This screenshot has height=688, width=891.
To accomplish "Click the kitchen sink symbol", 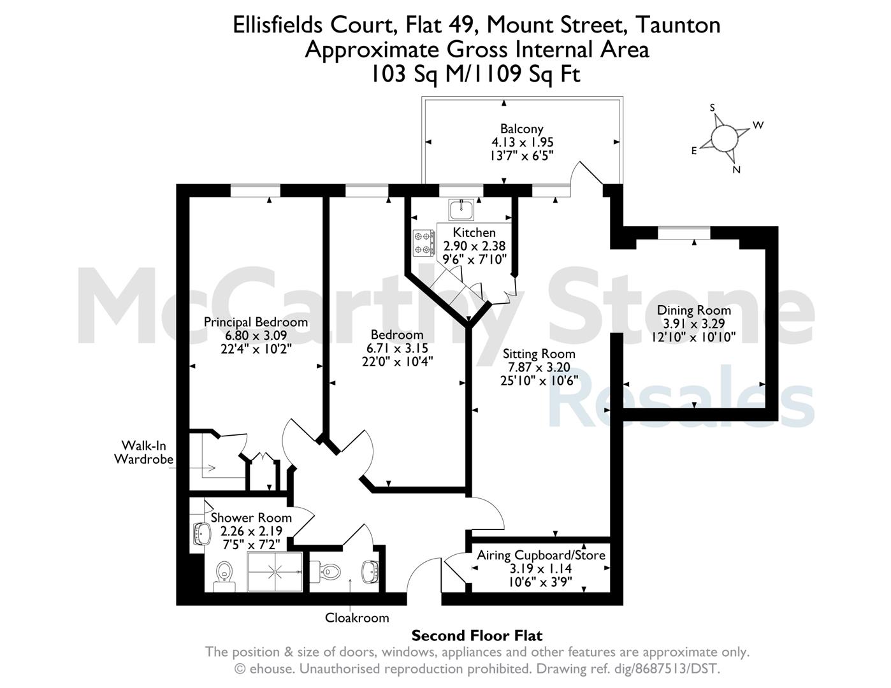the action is click(x=461, y=210).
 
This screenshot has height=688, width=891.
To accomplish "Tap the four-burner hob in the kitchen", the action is click(x=424, y=243).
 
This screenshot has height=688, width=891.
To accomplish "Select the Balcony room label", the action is click(x=521, y=129).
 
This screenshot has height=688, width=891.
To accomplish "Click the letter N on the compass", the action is click(x=736, y=169).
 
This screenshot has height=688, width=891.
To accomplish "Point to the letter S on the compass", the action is click(x=712, y=108).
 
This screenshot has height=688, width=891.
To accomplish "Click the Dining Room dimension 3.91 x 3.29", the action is click(x=694, y=324).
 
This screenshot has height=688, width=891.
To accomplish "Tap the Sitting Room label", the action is click(x=539, y=354).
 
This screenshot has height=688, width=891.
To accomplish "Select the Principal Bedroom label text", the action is click(x=256, y=322).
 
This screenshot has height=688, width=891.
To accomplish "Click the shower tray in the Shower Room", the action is click(x=275, y=571).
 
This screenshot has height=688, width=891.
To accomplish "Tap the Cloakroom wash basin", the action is click(x=371, y=571).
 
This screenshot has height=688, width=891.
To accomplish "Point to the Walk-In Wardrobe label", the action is click(x=143, y=452).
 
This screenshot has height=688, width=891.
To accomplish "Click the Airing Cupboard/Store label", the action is click(x=541, y=555).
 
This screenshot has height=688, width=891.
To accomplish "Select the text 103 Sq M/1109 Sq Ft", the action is click(x=475, y=75).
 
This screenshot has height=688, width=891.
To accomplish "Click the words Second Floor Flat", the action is click(x=477, y=636).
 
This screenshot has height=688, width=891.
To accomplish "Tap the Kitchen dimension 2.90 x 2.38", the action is click(x=474, y=246).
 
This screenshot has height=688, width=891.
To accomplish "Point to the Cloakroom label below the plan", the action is click(x=357, y=617).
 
